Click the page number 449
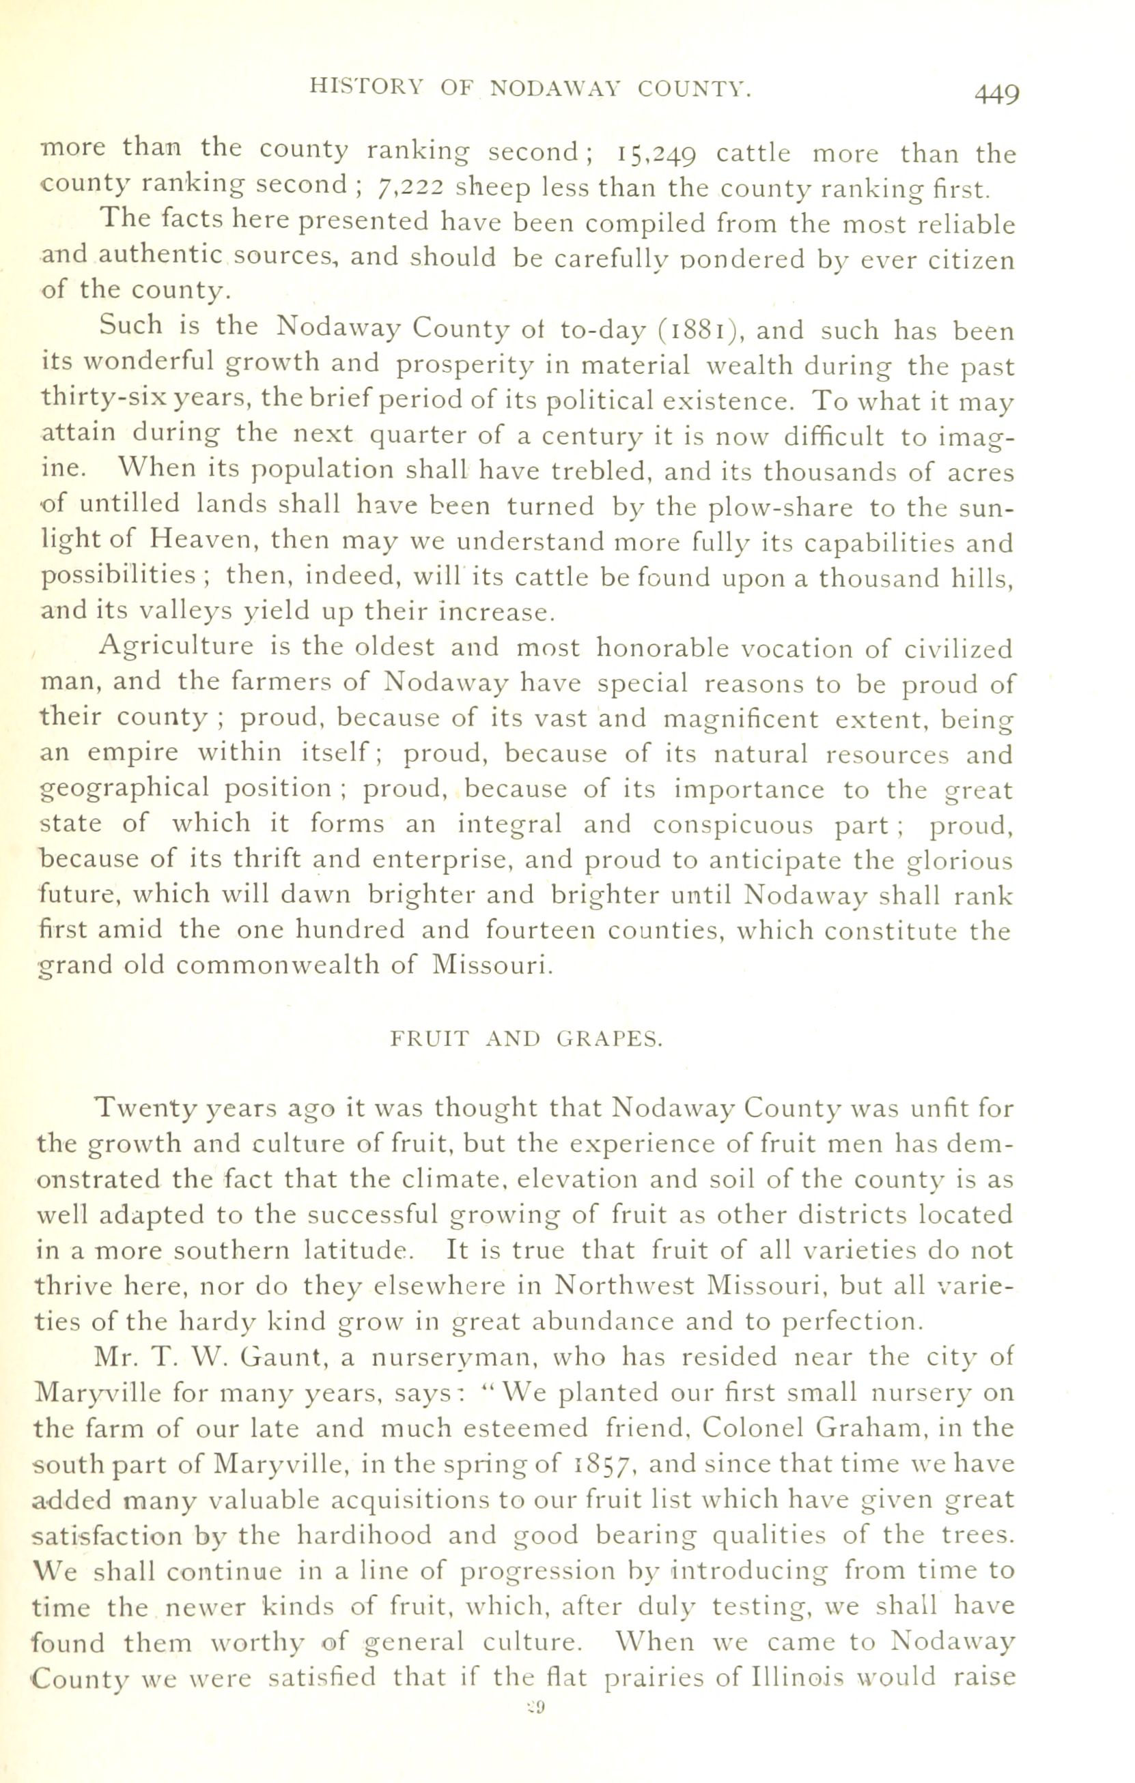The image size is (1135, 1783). coord(996,94)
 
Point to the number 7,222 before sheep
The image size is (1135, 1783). coord(410,189)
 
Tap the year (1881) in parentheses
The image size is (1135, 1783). coord(701,329)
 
